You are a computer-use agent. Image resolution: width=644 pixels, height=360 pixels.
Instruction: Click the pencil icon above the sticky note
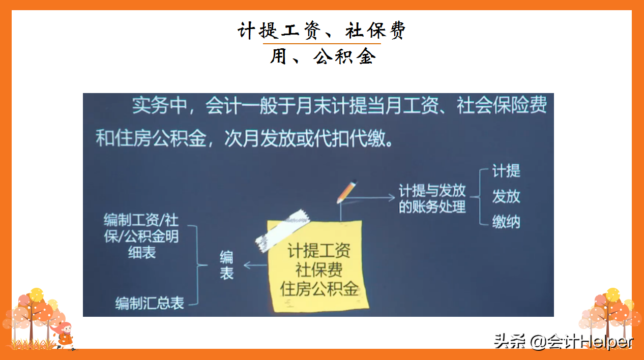[346, 192]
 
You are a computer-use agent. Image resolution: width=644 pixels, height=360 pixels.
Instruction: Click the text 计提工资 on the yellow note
[319, 251]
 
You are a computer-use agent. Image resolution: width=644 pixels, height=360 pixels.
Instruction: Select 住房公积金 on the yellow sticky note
[319, 288]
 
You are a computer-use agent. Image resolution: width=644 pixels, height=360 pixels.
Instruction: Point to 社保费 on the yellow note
[319, 269]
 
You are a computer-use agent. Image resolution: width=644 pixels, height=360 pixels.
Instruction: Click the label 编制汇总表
[149, 304]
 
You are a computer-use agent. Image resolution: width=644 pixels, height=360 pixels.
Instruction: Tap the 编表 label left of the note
[226, 264]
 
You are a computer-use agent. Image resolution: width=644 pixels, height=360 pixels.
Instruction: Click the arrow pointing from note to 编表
[255, 265]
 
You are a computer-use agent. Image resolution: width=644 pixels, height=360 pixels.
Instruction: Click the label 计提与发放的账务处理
[432, 198]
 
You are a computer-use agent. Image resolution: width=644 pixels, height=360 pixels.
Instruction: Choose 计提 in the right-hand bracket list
[506, 171]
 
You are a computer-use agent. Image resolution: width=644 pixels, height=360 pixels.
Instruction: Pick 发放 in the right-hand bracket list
[506, 196]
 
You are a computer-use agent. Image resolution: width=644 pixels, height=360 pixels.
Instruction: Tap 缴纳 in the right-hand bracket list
[506, 222]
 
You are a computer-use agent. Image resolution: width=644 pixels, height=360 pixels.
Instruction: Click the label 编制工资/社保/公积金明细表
[141, 236]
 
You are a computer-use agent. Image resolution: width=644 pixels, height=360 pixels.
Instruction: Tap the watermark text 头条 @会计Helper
[563, 341]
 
